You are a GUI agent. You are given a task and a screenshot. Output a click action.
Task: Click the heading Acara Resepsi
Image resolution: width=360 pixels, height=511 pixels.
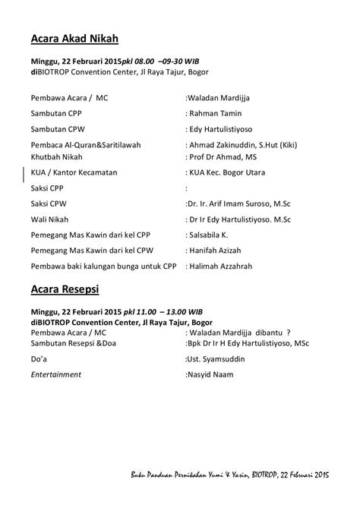point(66,289)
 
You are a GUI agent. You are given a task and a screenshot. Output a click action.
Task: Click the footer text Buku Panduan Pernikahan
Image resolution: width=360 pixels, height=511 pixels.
point(179,475)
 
